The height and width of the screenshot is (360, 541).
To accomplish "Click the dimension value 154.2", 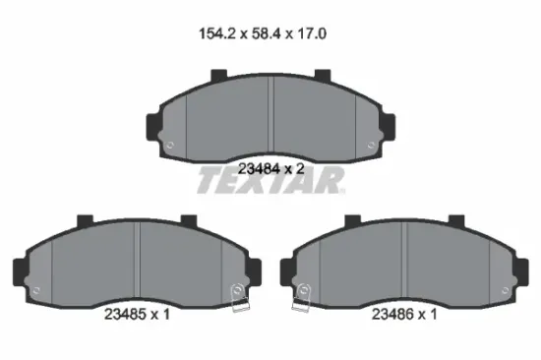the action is click(x=217, y=33).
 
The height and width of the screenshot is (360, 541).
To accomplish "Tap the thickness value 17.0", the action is click(x=310, y=33).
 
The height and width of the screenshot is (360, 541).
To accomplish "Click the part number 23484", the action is click(x=259, y=169).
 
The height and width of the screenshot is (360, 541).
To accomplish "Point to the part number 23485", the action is click(x=125, y=314).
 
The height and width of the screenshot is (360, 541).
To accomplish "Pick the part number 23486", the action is click(x=392, y=314).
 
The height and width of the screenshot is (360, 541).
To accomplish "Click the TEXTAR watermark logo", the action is click(x=270, y=180).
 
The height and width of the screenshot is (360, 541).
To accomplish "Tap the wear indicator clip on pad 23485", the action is click(x=239, y=297).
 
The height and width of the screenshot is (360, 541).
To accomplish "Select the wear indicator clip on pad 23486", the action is click(x=301, y=297).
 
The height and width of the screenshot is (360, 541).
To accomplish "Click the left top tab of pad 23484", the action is click(x=218, y=75).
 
